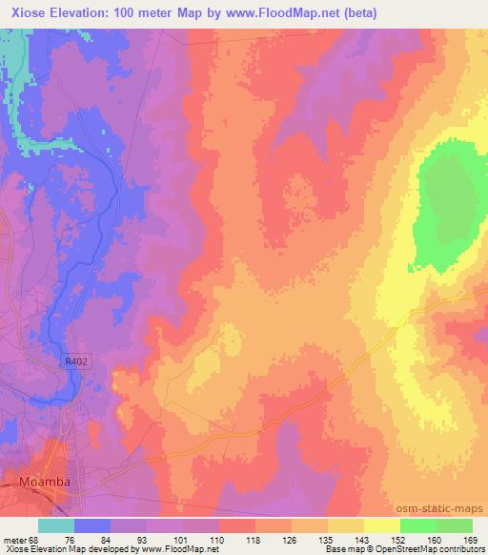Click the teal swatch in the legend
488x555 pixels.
click(56, 525)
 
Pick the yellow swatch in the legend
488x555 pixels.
click(382, 525)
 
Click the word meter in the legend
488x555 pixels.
click(16, 539)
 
